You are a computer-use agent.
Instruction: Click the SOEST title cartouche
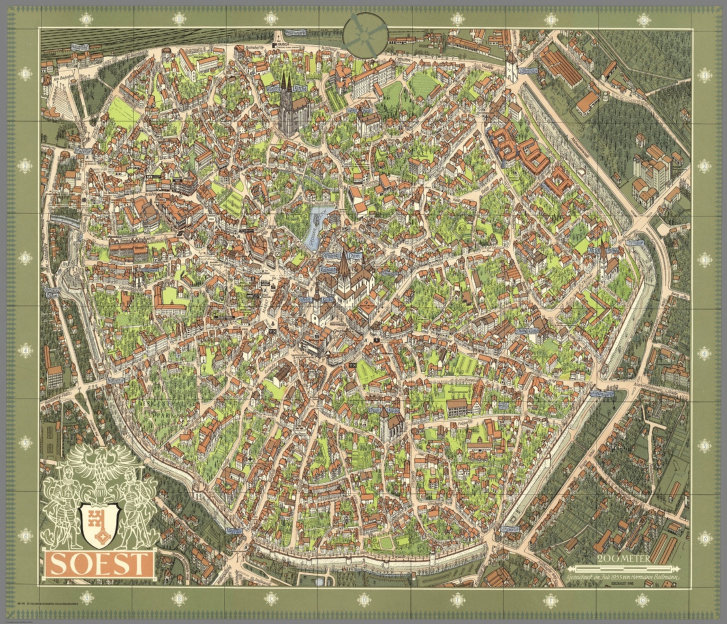pyautogui.click(x=99, y=564)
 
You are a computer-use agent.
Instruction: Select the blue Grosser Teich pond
pyautogui.click(x=316, y=223)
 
